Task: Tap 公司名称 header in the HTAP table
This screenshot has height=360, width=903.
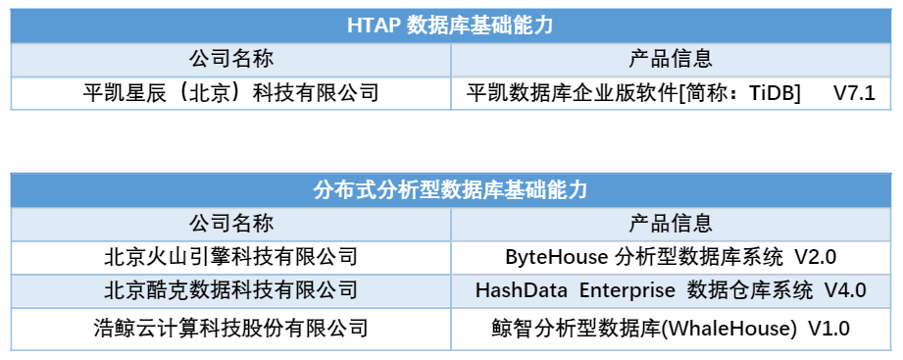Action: tap(230, 59)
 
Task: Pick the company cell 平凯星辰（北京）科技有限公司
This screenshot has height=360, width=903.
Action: tap(230, 93)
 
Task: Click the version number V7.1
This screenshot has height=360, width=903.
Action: tap(854, 94)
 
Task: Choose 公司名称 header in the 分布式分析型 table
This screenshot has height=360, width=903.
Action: tap(230, 222)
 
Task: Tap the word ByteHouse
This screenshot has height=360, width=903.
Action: tap(556, 257)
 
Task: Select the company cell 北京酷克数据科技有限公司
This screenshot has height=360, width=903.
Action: tap(230, 290)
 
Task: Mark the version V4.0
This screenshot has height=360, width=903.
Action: tap(844, 291)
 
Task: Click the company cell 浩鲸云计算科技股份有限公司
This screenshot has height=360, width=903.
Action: tap(230, 326)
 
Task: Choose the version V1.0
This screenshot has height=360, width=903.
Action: tap(828, 327)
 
